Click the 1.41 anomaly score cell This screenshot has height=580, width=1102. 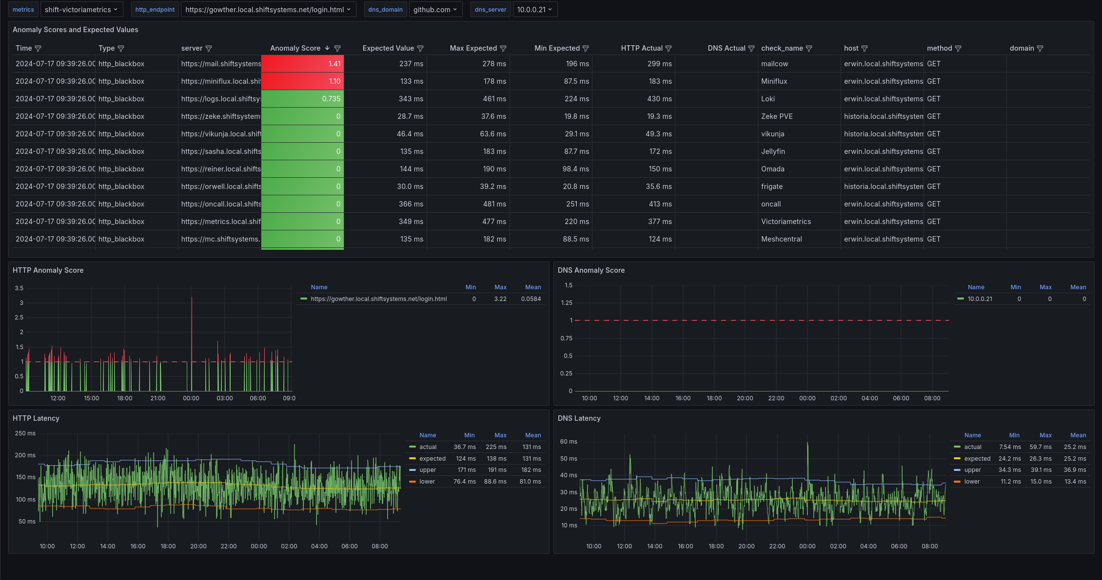302,64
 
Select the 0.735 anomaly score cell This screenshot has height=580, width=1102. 302,99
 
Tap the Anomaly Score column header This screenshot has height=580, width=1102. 295,48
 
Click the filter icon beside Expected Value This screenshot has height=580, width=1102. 420,49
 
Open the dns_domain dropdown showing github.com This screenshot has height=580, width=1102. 435,10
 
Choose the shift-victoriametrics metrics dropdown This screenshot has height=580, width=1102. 81,10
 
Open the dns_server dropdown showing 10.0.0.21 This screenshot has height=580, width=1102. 535,10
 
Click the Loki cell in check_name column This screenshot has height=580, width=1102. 768,99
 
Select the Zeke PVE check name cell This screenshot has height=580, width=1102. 777,116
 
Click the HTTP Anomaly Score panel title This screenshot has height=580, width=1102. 48,270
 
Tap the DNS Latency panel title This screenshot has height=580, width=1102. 579,418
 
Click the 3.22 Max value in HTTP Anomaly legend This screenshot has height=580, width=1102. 500,299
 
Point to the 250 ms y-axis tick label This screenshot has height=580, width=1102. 25,433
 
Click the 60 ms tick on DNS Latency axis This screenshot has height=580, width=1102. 569,442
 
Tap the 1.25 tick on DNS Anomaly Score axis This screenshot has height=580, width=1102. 567,303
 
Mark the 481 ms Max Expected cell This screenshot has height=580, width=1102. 494,204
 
